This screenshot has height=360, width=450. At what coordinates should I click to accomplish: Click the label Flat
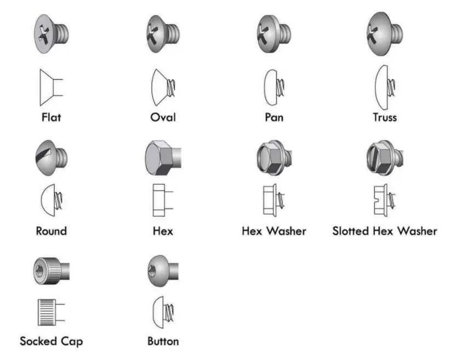click(52, 117)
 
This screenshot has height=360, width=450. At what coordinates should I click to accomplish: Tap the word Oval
click(163, 117)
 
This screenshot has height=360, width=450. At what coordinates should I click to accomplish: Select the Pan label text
click(274, 117)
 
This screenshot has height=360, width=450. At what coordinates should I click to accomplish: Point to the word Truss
click(384, 117)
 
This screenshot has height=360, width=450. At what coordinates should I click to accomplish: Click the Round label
click(51, 231)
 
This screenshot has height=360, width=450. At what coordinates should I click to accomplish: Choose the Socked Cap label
click(52, 341)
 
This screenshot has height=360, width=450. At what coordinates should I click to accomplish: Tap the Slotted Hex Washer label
click(385, 231)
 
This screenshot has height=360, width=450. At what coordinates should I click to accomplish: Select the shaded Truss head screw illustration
click(384, 33)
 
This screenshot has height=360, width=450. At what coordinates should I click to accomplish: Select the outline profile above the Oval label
click(163, 87)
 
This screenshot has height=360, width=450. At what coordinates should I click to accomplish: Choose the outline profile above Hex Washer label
click(273, 199)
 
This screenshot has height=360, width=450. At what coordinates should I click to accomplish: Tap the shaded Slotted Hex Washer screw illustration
click(384, 158)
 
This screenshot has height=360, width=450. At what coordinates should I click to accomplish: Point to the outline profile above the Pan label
click(273, 86)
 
